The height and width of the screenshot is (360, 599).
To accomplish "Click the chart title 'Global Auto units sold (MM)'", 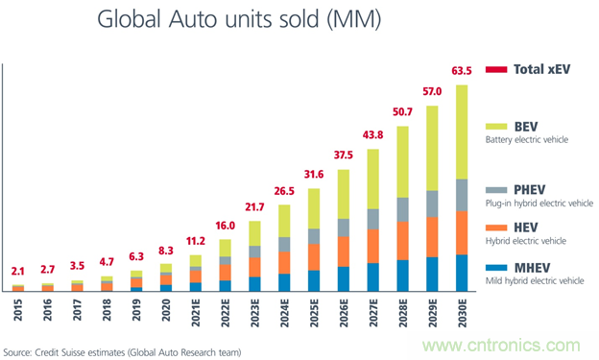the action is pyautogui.click(x=239, y=19).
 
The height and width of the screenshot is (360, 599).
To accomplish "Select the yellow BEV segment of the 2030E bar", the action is pyautogui.click(x=462, y=132).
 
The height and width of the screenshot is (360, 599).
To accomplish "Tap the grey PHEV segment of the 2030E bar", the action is pyautogui.click(x=462, y=195).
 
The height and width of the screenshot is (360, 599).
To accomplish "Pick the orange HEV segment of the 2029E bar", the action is pyautogui.click(x=432, y=237).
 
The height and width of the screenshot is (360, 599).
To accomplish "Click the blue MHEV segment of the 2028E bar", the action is pyautogui.click(x=402, y=276).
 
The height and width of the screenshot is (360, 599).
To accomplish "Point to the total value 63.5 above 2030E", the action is pyautogui.click(x=462, y=71).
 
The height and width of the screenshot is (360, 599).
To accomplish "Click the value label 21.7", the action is pyautogui.click(x=254, y=207).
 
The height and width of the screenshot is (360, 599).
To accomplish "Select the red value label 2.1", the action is pyautogui.click(x=17, y=272).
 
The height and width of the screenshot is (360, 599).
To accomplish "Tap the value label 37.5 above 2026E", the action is pyautogui.click(x=343, y=155).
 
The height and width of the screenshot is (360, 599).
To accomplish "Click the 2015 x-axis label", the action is pyautogui.click(x=18, y=310).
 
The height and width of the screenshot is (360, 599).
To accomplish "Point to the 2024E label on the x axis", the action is pyautogui.click(x=284, y=313).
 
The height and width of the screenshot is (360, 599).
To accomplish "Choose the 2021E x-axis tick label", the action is pyautogui.click(x=196, y=313).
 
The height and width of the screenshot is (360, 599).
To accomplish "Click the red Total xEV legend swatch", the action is pyautogui.click(x=496, y=69).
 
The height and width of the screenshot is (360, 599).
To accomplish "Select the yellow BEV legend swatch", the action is pyautogui.click(x=496, y=127).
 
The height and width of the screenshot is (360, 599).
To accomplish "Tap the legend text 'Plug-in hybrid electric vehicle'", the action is pyautogui.click(x=539, y=204).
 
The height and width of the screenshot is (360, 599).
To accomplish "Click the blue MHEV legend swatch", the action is pyautogui.click(x=496, y=268).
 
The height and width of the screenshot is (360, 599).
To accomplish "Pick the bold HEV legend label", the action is pyautogui.click(x=526, y=228).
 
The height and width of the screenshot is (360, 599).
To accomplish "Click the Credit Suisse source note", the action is pyautogui.click(x=122, y=352).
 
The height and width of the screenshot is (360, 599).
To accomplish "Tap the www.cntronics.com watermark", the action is pyautogui.click(x=501, y=345).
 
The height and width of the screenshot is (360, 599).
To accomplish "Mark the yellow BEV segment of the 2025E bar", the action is pyautogui.click(x=314, y=208).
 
